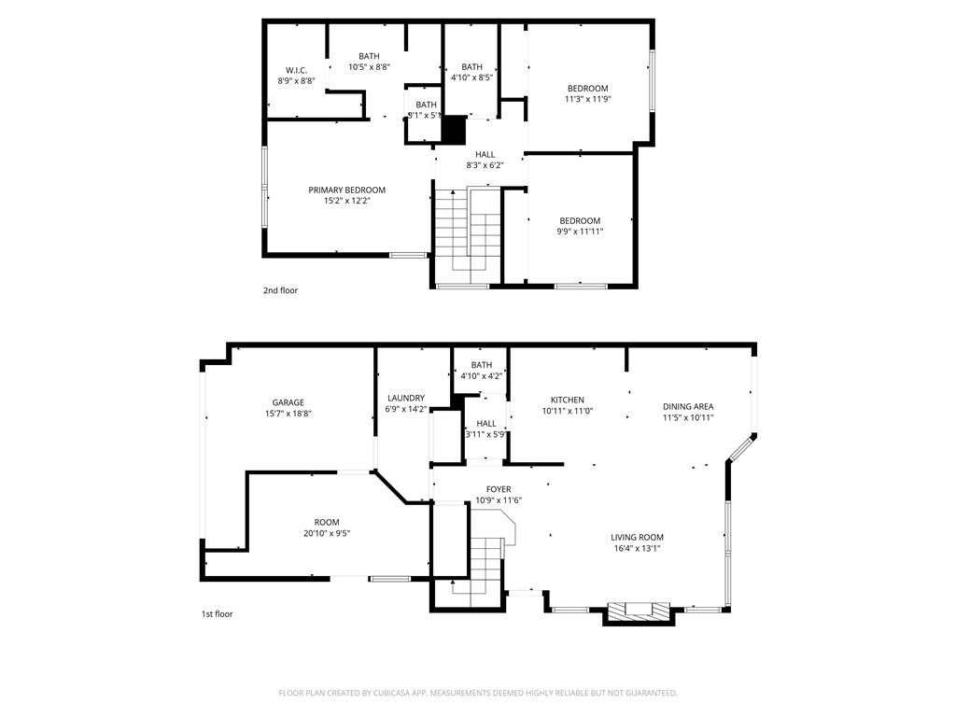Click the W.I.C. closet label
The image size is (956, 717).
click(296, 70)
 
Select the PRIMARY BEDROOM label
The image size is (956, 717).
click(346, 190)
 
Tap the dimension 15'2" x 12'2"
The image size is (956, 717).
click(346, 201)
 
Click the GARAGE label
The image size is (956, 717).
click(288, 402)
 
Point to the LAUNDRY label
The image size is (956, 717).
click(405, 398)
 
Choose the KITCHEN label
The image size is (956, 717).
click(567, 400)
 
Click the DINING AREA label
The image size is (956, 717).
click(688, 406)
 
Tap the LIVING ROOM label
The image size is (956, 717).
click(637, 537)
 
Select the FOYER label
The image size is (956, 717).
click(499, 489)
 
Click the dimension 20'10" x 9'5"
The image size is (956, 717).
click(326, 533)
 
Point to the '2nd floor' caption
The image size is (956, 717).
click(280, 290)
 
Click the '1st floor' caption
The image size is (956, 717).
click(217, 614)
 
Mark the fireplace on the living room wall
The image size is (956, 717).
click(639, 612)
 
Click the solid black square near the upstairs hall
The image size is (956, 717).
click(454, 131)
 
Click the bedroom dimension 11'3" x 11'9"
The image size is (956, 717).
click(587, 99)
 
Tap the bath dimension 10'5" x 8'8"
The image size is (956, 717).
click(369, 67)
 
